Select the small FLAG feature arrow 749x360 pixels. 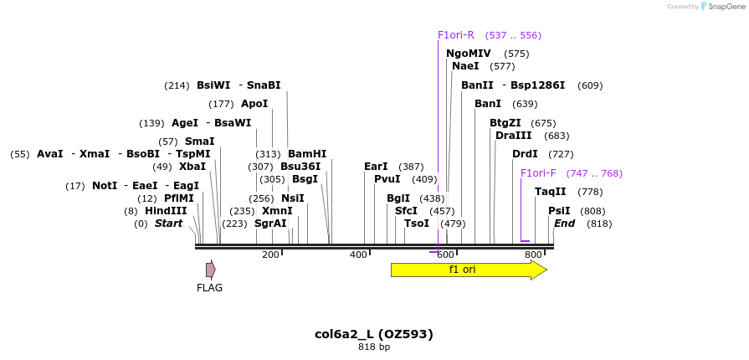(x=211, y=270)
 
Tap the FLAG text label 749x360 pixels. (x=209, y=288)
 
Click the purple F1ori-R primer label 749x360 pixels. (x=456, y=35)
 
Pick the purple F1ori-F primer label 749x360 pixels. (x=538, y=173)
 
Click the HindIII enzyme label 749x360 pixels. (x=166, y=211)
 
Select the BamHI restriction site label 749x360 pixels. (x=307, y=154)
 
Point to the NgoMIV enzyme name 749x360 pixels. (x=469, y=54)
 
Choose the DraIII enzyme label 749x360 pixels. (x=514, y=136)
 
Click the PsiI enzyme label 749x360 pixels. (x=559, y=211)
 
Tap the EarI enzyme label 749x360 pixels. (x=376, y=167)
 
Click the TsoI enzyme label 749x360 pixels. (x=417, y=224)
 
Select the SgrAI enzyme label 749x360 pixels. (x=270, y=224)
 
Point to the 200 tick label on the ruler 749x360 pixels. (x=270, y=255)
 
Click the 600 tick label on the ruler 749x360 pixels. (x=445, y=255)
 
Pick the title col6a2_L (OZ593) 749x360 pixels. (x=374, y=334)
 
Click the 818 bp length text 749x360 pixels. (x=374, y=347)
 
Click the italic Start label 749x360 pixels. (x=168, y=224)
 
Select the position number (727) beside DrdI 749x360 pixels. (x=561, y=154)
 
